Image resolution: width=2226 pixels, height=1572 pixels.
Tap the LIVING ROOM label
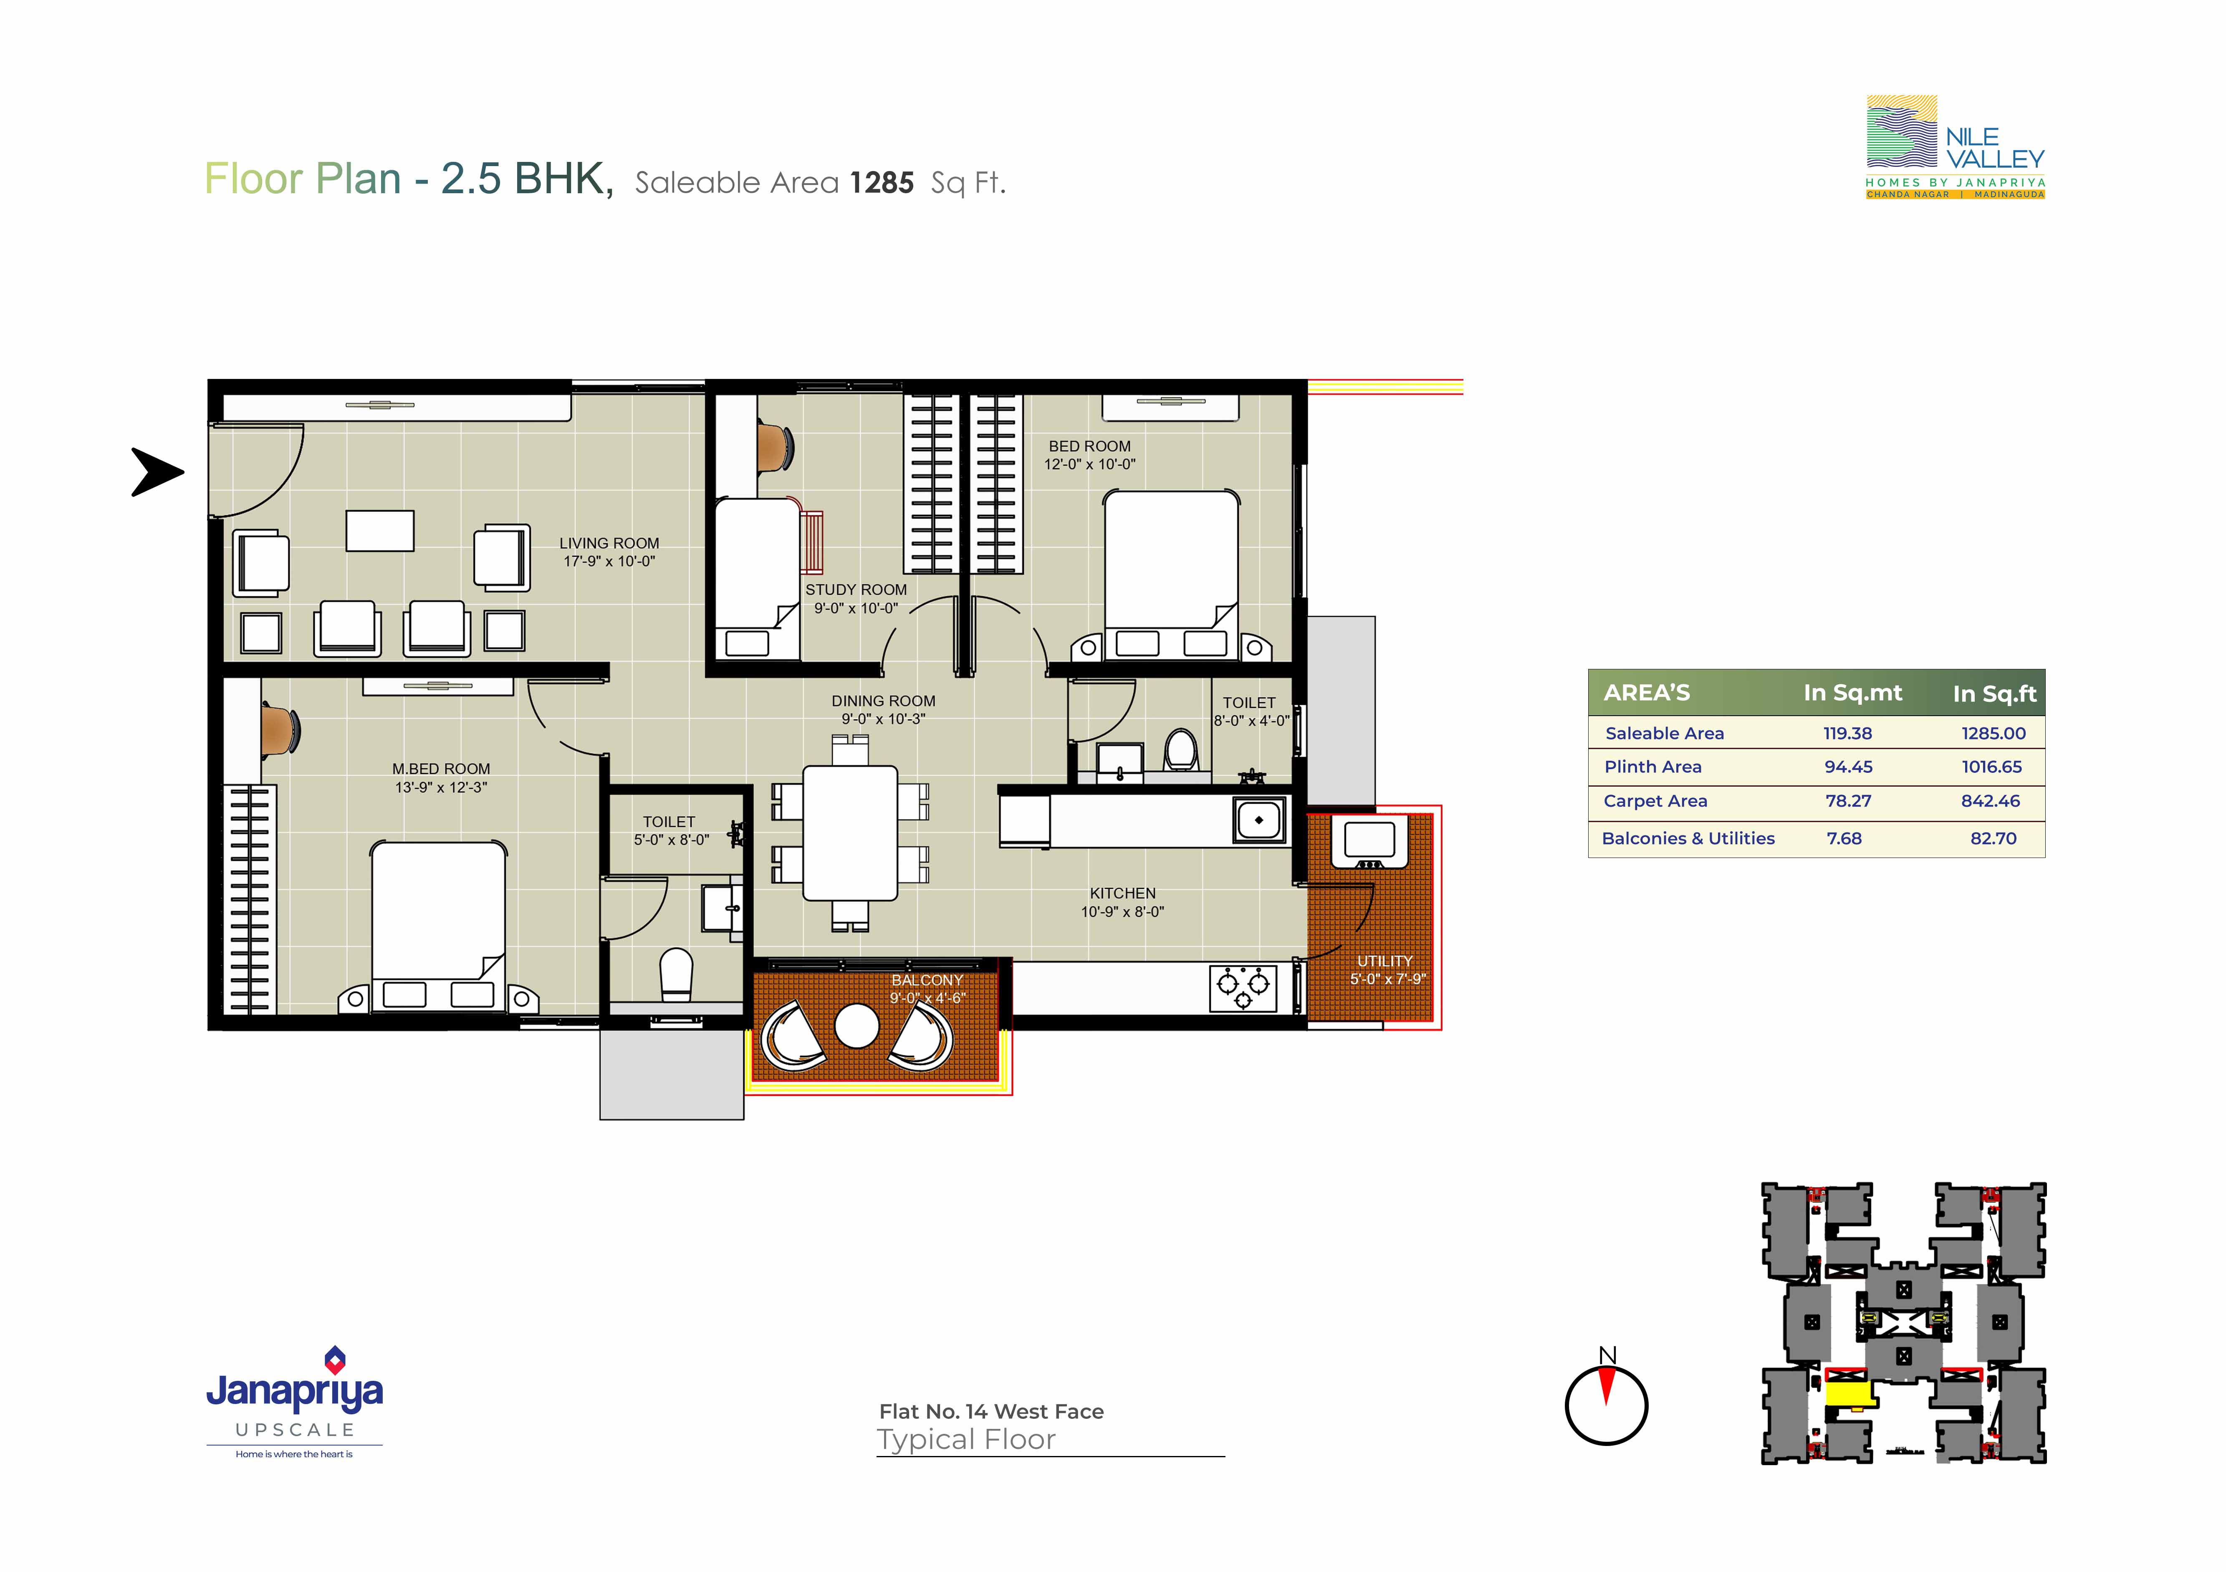click(609, 544)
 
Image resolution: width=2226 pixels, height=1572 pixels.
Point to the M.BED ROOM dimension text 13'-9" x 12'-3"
click(441, 787)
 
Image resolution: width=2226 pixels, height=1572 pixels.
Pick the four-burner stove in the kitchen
click(1243, 988)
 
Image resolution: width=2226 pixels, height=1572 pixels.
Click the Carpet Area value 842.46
click(1991, 800)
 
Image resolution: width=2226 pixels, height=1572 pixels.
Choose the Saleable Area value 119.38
click(1848, 734)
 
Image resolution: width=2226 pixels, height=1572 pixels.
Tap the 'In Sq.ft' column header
click(1994, 694)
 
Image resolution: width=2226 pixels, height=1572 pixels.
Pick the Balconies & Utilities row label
click(1688, 838)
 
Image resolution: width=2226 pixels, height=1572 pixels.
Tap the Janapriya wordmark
click(295, 1392)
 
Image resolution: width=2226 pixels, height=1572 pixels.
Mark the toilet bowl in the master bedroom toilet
click(677, 973)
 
